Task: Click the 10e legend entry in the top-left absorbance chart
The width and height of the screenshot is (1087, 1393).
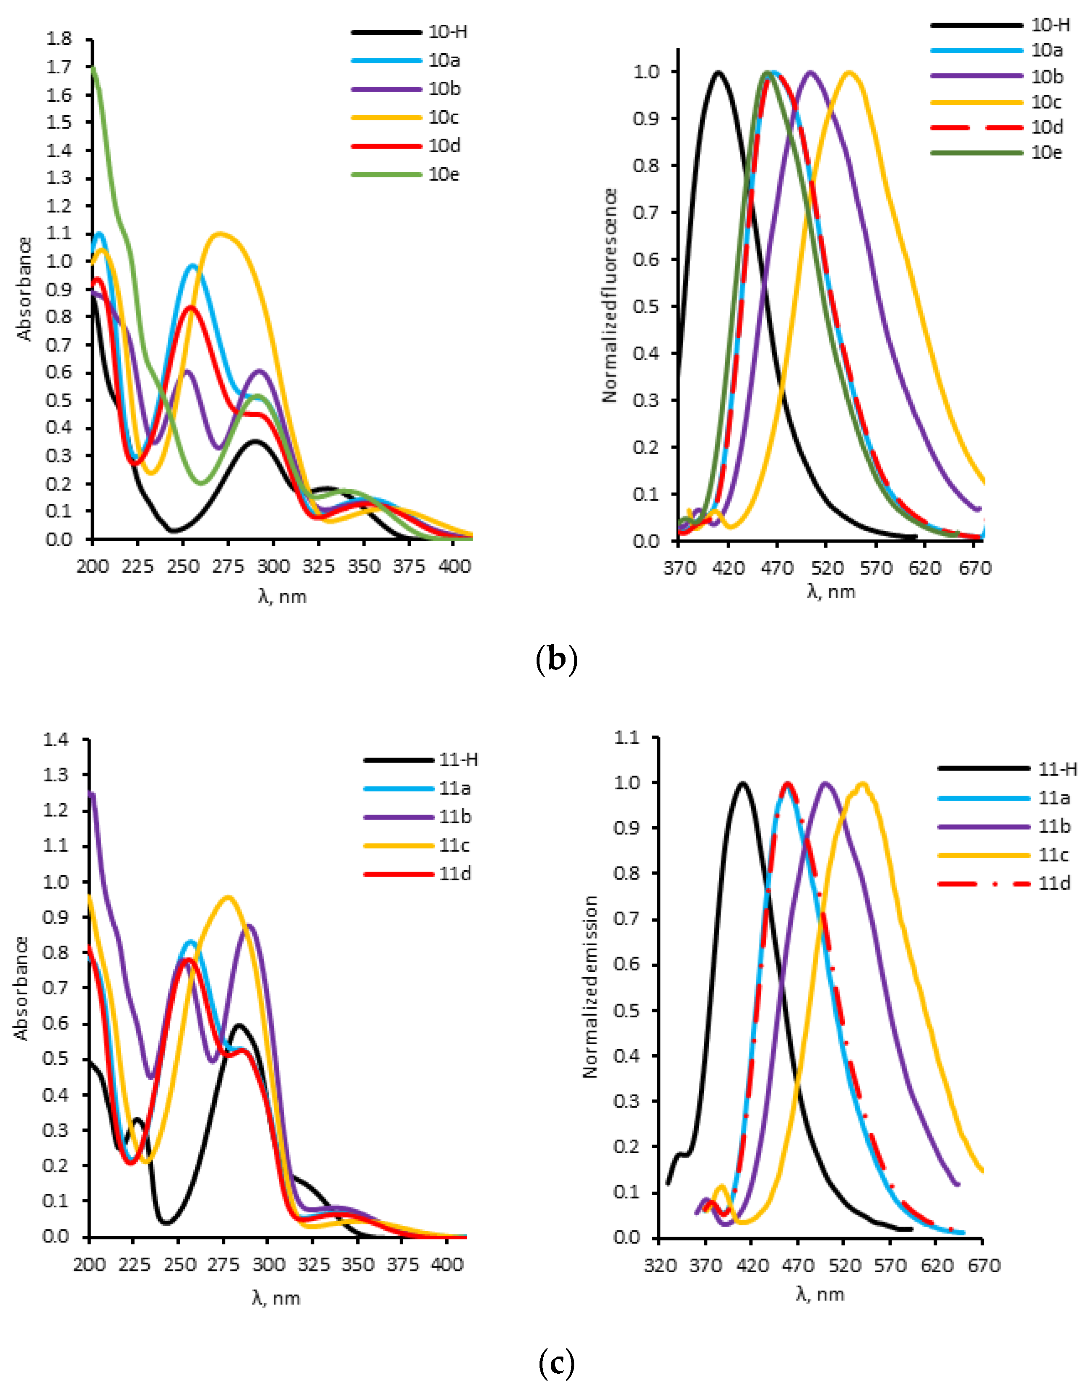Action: (x=444, y=174)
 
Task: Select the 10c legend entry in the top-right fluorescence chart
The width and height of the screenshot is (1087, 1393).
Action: (x=1046, y=102)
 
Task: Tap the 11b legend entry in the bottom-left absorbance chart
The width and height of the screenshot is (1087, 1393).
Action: (x=455, y=817)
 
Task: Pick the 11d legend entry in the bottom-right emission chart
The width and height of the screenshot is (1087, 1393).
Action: (x=1054, y=883)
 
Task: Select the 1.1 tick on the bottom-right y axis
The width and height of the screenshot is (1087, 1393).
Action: (x=626, y=738)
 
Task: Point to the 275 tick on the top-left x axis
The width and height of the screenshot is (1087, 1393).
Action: (x=228, y=566)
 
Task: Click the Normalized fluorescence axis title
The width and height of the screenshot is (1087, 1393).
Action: (x=610, y=295)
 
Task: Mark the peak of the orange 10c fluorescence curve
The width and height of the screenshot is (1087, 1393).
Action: (x=849, y=72)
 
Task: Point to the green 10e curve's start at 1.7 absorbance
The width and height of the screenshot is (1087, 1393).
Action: (x=93, y=66)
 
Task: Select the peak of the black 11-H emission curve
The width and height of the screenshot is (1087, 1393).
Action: (x=742, y=783)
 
